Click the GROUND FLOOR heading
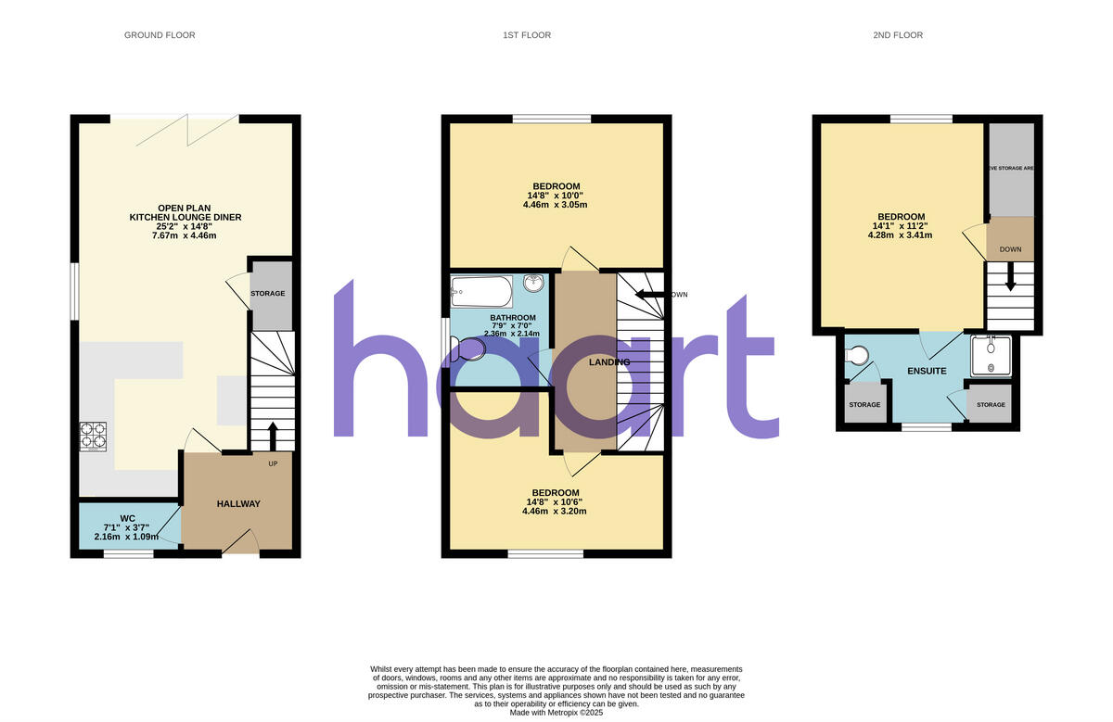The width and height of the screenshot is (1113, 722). pyautogui.click(x=160, y=35)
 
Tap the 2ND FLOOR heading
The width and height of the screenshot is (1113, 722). pyautogui.click(x=898, y=35)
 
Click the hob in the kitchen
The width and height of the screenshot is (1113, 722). pyautogui.click(x=95, y=435)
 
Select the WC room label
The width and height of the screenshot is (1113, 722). pyautogui.click(x=128, y=517)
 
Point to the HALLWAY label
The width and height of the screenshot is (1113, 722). pyautogui.click(x=238, y=504)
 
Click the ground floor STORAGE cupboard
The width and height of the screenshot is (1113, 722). pyautogui.click(x=271, y=295)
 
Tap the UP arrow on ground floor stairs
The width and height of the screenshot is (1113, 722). pyautogui.click(x=273, y=434)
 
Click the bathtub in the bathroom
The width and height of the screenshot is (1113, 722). pyautogui.click(x=480, y=292)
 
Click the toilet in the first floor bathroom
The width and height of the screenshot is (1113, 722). pyautogui.click(x=467, y=349)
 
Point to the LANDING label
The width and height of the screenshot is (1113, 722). pyautogui.click(x=609, y=362)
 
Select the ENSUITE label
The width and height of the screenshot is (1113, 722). pyautogui.click(x=927, y=371)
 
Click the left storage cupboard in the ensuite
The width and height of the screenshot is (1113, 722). pyautogui.click(x=864, y=405)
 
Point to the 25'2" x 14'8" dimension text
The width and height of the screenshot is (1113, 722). pyautogui.click(x=186, y=227)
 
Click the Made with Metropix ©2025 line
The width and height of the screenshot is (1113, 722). pyautogui.click(x=556, y=713)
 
